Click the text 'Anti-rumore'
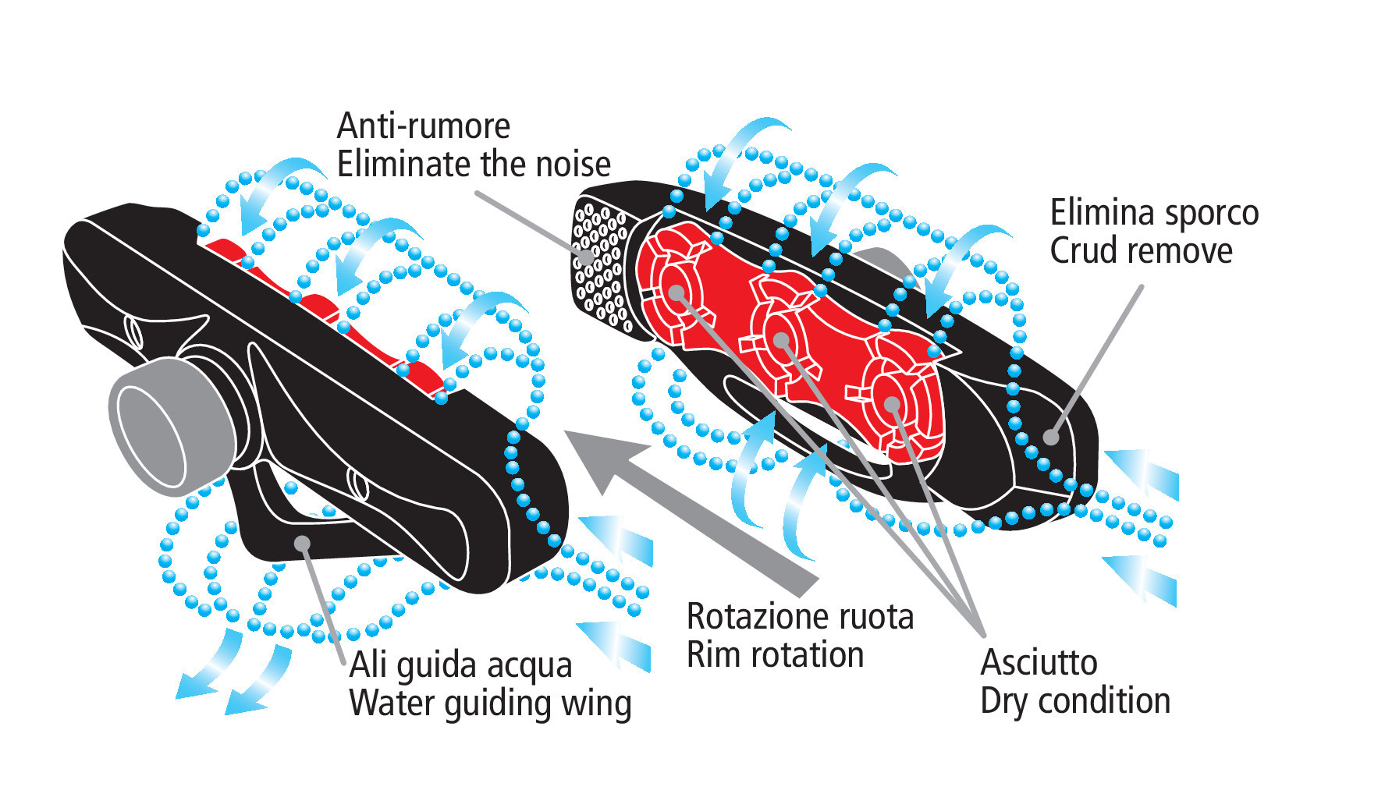(423, 126)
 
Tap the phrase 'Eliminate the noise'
(474, 165)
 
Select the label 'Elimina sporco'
(1154, 213)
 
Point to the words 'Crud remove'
(1141, 251)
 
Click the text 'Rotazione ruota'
(800, 617)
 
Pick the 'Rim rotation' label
(775, 655)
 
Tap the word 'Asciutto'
(1039, 663)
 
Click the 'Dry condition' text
(1074, 701)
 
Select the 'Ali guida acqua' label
(460, 666)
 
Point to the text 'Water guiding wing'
(490, 704)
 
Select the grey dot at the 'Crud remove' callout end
(1052, 437)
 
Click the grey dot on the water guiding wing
(303, 544)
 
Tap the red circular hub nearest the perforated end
(677, 293)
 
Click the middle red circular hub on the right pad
(782, 339)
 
